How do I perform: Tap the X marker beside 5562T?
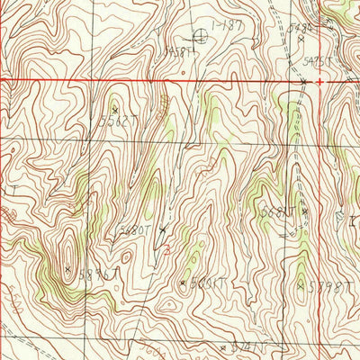tap(115, 109)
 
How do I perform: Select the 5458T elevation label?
tap(180, 52)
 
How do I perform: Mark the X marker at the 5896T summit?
tap(68, 267)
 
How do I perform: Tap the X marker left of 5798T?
tap(301, 285)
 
